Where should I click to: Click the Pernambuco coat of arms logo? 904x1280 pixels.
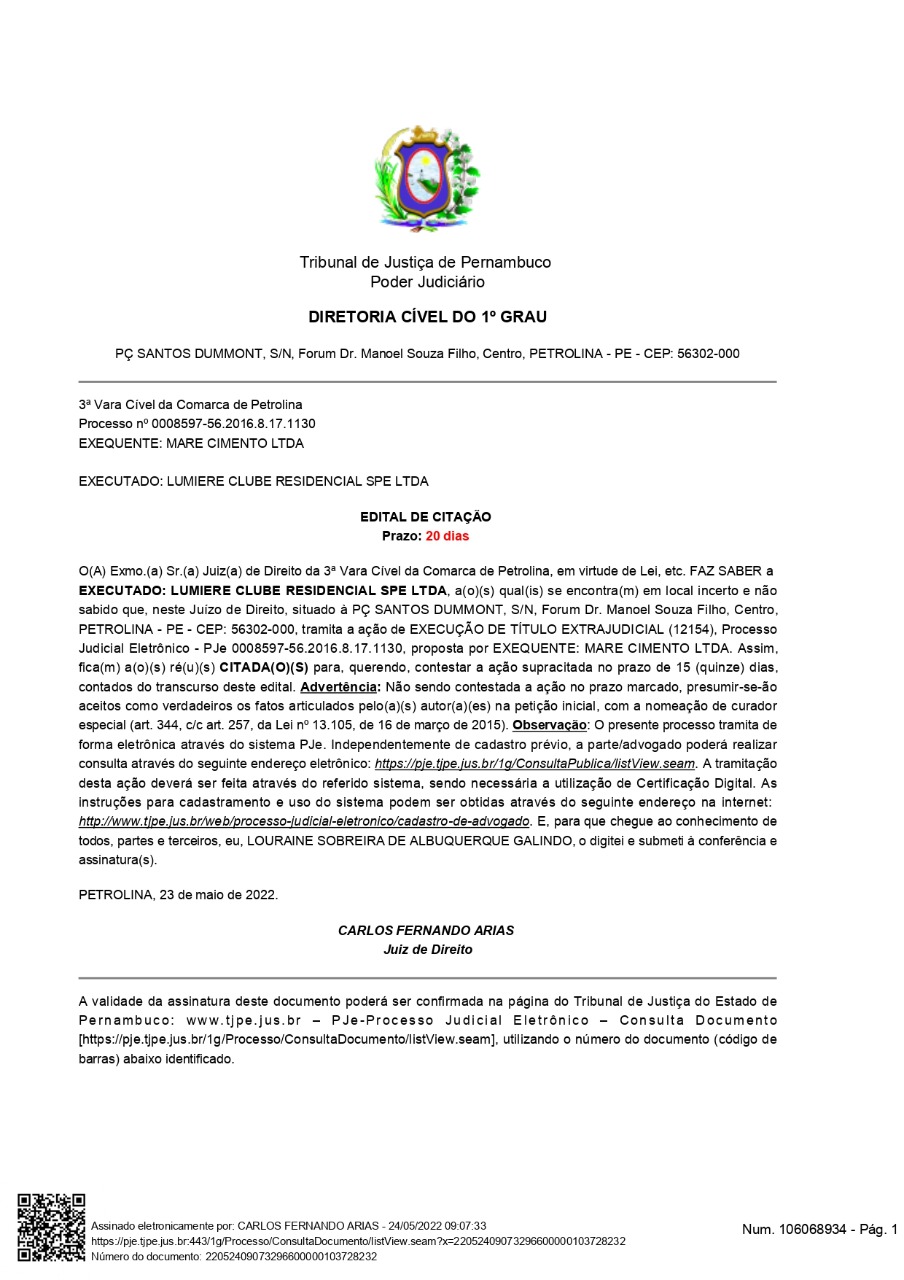coord(425,174)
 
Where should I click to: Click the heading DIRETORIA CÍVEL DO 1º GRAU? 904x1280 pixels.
coord(427,317)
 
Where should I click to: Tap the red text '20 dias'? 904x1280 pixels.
coord(446,536)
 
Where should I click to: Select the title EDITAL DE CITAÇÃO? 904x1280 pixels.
coord(426,517)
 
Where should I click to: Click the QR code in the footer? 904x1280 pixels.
coord(51,1226)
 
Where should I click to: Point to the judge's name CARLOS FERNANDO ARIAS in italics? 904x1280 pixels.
coord(426,930)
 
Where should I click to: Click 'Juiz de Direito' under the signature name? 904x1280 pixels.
coord(427,949)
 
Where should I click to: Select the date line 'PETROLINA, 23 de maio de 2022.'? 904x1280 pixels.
coord(178,894)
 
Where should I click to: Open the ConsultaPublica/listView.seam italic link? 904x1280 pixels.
coord(534,764)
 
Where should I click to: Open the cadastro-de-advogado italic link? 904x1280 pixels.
coord(304,821)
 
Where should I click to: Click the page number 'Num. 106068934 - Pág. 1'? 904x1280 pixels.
coord(820,1229)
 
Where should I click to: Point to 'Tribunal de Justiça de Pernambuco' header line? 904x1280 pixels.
coord(425,262)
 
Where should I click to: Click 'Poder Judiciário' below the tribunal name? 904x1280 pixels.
coord(427,282)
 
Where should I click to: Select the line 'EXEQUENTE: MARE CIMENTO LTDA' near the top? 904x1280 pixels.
coord(191,443)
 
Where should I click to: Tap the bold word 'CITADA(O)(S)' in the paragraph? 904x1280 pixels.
coord(263,666)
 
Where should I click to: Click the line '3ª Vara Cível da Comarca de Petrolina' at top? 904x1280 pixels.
coord(190,405)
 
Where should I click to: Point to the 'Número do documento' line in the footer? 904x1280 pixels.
coord(234,1256)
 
